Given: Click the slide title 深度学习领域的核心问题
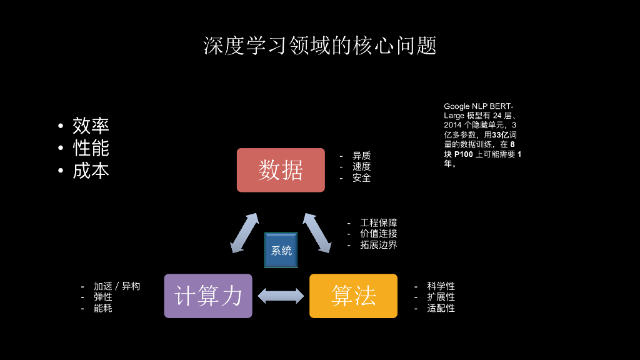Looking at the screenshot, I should tap(319, 46).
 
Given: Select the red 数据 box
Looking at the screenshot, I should tap(281, 170).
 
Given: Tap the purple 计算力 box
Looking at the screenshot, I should tap(208, 296).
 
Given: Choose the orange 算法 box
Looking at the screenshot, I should tap(353, 296).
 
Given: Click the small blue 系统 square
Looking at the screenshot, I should tap(281, 251).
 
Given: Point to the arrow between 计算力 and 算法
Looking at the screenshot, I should tap(281, 296).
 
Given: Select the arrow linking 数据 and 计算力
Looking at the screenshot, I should tap(244, 233).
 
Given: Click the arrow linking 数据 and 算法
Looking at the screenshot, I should tap(317, 232).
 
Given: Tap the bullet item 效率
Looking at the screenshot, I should tap(91, 126).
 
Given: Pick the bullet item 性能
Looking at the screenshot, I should tap(91, 148).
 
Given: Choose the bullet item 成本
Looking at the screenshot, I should tap(91, 171).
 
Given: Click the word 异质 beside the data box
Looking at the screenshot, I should tap(361, 156).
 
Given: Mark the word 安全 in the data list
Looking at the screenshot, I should tap(361, 178).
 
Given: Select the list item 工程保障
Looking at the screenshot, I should tap(379, 222).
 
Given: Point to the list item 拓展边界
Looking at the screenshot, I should tap(379, 245).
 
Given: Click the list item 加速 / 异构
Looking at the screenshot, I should tap(117, 286).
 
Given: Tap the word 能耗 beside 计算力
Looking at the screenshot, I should tap(103, 308).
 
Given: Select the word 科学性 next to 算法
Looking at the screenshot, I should tap(441, 286).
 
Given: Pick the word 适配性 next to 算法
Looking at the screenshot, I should tap(441, 308).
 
